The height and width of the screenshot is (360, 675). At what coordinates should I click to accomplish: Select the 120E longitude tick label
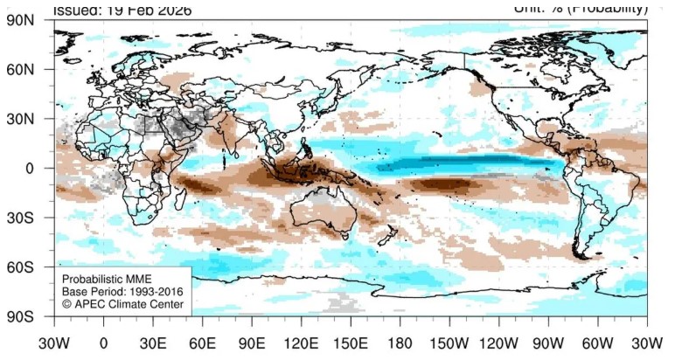click(302, 343)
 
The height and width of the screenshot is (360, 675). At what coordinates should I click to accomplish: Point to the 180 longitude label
click(401, 343)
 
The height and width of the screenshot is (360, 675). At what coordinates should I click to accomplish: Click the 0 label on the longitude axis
click(104, 343)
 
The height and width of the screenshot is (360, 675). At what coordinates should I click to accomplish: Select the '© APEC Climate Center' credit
click(122, 305)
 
